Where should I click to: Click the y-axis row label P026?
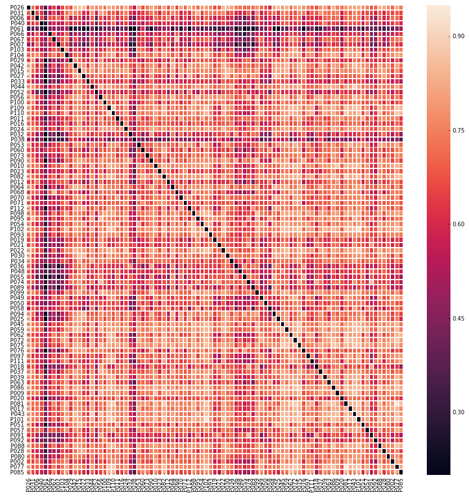coord(17,7)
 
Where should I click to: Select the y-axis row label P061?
coord(17,29)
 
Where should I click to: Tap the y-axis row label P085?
coord(17,472)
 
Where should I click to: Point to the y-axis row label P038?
coord(17,139)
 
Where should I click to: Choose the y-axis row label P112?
coord(17,208)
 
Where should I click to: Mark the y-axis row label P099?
coord(17,292)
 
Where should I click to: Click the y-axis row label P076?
coord(17,351)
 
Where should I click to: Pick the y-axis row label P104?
coord(17,55)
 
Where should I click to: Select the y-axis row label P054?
coord(17,224)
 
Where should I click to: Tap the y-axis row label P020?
coord(17,398)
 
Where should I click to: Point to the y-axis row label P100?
coord(17,102)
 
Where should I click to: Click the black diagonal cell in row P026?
coord(29,7)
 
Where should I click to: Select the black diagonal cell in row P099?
coord(257,292)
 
